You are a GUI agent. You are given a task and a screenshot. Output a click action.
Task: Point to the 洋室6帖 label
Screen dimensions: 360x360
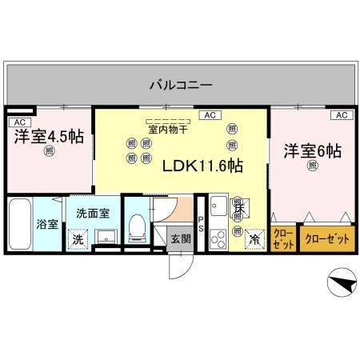pos(312,150)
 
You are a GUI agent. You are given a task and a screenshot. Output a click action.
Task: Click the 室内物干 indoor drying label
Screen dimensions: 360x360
pos(168,128)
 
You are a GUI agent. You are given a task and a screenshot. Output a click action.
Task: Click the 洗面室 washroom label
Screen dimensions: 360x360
pos(93,214)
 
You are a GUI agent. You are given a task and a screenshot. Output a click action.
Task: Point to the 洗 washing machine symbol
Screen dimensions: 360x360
pos(78,238)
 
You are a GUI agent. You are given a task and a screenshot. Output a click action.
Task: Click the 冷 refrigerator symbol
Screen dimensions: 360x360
pos(254,238)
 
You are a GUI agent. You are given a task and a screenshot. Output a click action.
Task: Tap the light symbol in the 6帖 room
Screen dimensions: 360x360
pos(312,166)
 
